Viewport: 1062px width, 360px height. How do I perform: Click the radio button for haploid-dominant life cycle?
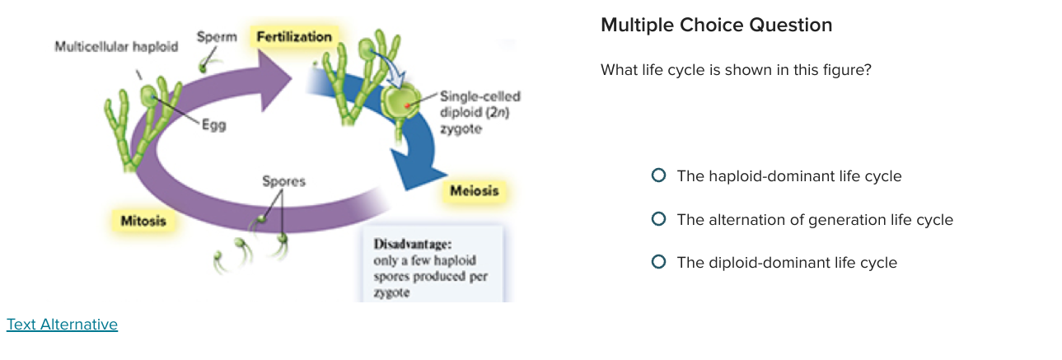pyautogui.click(x=658, y=175)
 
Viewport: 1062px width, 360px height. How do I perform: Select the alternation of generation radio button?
pyautogui.click(x=658, y=219)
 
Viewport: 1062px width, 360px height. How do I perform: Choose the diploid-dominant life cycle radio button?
pyautogui.click(x=658, y=262)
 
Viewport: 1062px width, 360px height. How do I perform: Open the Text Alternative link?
pyautogui.click(x=62, y=325)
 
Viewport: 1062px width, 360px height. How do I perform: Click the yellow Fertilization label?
pyautogui.click(x=294, y=37)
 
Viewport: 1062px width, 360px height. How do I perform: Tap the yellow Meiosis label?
pyautogui.click(x=474, y=191)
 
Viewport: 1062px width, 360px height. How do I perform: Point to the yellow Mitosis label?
pyautogui.click(x=143, y=221)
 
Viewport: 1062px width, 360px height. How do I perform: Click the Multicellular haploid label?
pyautogui.click(x=116, y=47)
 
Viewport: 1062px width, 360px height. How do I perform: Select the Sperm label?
pyautogui.click(x=217, y=37)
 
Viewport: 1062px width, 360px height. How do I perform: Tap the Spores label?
pyautogui.click(x=283, y=181)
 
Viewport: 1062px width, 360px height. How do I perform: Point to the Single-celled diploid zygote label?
pyautogui.click(x=480, y=112)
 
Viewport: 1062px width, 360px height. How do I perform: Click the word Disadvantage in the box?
pyautogui.click(x=412, y=244)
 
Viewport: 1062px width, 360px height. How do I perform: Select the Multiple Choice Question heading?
pyautogui.click(x=716, y=26)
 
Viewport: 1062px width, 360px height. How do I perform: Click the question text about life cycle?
pyautogui.click(x=736, y=70)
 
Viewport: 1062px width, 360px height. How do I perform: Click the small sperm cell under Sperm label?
pyautogui.click(x=205, y=64)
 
